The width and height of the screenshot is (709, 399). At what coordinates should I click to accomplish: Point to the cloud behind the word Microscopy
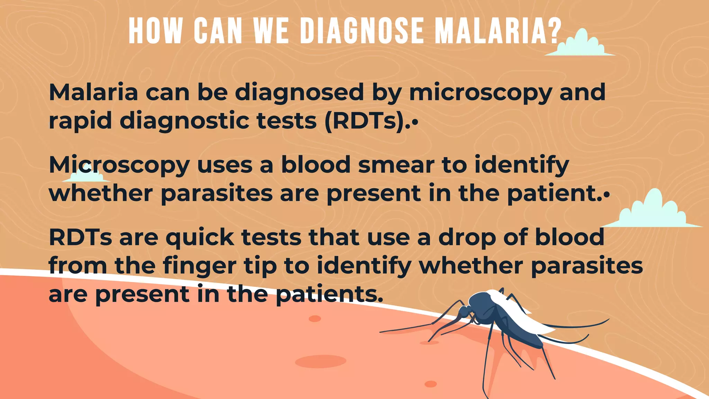point(87,175)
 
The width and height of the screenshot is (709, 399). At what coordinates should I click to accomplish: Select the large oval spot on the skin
point(320,361)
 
